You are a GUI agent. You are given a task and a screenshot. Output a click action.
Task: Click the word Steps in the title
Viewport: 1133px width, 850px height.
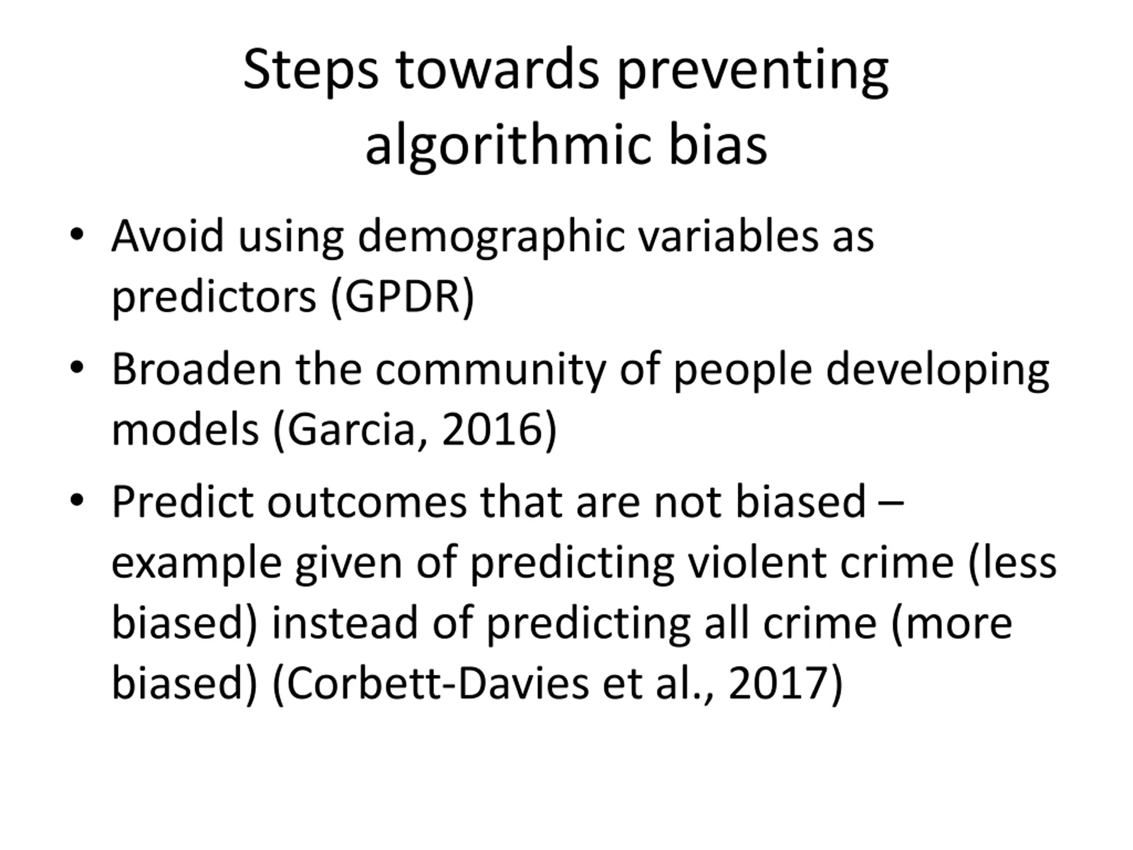tap(310, 71)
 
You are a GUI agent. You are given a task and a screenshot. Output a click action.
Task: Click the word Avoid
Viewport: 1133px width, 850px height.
tap(167, 236)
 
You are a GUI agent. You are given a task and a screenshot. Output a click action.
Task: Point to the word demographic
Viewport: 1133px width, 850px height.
tap(491, 238)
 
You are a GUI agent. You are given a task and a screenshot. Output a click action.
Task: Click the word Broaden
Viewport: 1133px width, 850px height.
tap(197, 369)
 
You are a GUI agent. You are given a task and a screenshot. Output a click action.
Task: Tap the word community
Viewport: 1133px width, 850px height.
tap(491, 371)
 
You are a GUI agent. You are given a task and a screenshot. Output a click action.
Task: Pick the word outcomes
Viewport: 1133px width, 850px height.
tap(367, 502)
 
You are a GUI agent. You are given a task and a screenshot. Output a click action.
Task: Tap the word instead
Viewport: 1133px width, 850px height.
tap(345, 623)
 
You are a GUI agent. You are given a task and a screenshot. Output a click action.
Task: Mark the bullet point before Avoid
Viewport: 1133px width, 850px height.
tap(77, 235)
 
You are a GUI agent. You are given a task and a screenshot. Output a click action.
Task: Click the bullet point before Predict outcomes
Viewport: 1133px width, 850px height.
tap(77, 501)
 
